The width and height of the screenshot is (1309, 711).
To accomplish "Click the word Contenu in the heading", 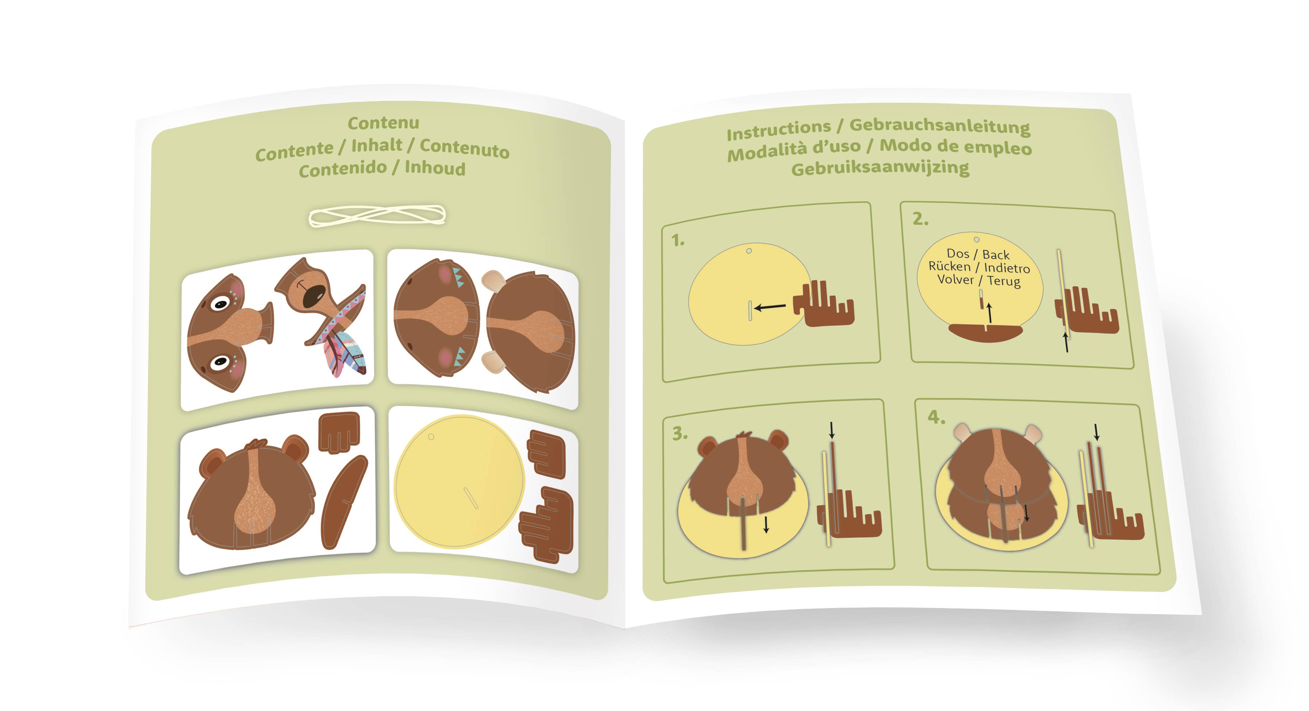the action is [x=383, y=122].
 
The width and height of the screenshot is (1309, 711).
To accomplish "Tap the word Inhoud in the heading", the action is [x=435, y=168].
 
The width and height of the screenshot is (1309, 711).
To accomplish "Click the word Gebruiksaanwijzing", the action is [x=880, y=168].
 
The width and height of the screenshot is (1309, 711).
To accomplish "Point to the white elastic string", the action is [x=377, y=216].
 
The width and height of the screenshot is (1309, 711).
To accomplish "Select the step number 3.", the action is [x=680, y=433].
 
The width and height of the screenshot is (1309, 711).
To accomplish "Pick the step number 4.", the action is [x=936, y=417].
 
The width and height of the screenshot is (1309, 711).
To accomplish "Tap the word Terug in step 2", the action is [x=1004, y=281].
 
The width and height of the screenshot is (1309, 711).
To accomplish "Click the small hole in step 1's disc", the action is [x=749, y=250].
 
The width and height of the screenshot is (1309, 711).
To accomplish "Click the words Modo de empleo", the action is [x=956, y=146].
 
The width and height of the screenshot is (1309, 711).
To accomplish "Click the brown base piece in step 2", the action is [x=985, y=332].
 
